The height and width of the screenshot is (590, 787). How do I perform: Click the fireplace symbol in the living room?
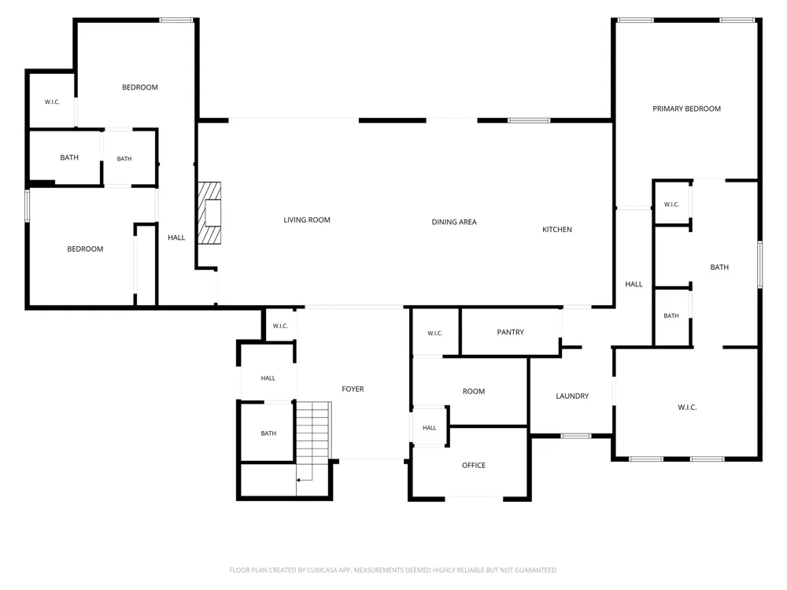[x=209, y=212]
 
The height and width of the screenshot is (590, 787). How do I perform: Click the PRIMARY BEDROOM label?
[x=686, y=109]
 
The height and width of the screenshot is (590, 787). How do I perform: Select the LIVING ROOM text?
[x=307, y=219]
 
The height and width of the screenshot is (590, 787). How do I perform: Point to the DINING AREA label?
[x=454, y=222]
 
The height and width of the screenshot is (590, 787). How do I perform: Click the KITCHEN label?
[x=556, y=229]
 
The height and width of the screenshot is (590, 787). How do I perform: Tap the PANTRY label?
[x=510, y=332]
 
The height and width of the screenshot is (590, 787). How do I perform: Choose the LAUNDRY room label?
[x=572, y=396]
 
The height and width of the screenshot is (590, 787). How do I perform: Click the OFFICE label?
[x=473, y=465]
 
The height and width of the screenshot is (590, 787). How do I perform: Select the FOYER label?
[x=353, y=389]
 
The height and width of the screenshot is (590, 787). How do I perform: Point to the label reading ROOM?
[x=473, y=391]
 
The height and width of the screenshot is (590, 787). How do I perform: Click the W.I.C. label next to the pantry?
[x=434, y=333]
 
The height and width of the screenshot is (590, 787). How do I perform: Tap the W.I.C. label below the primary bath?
[x=687, y=407]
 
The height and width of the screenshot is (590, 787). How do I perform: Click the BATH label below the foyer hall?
[x=268, y=433]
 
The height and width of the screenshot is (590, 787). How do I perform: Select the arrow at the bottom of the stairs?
[x=305, y=480]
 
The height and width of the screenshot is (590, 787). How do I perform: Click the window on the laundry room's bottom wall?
[x=576, y=436]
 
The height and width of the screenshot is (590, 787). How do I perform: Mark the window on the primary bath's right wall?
[x=760, y=264]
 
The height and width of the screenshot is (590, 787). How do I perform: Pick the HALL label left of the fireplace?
[x=176, y=238]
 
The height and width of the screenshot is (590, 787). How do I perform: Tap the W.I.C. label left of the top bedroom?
[x=52, y=101]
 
